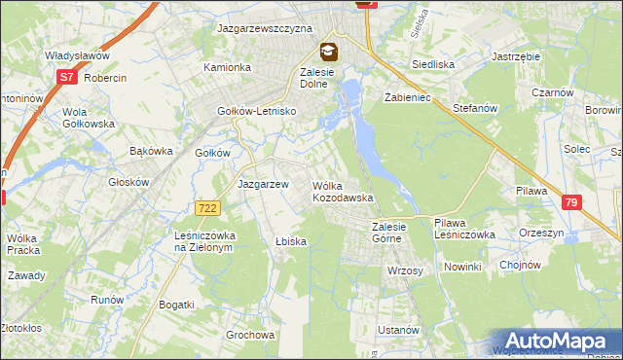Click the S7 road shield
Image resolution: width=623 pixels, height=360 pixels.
pyautogui.click(x=66, y=76)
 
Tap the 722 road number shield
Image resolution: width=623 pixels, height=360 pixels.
pyautogui.click(x=206, y=208)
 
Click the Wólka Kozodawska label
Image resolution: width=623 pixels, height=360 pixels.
pyautogui.click(x=343, y=192)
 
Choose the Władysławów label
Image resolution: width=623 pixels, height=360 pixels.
pyautogui.click(x=76, y=55)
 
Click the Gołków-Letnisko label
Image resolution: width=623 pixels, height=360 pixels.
pyautogui.click(x=256, y=111)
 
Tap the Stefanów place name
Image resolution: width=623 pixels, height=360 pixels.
pyautogui.click(x=474, y=109)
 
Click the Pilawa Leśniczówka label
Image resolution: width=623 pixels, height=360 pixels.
pyautogui.click(x=464, y=229)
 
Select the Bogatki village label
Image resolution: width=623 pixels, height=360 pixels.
pyautogui.click(x=176, y=305)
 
